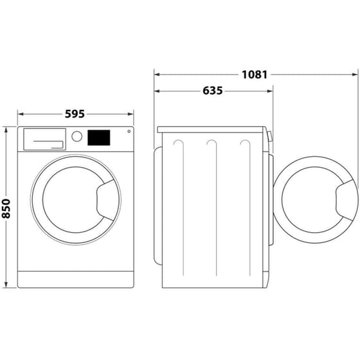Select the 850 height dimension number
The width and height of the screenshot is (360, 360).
click(6, 207)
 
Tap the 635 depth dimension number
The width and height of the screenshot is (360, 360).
click(212, 91)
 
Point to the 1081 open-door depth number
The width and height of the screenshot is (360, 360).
click(255, 74)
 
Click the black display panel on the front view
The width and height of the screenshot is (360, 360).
click(98, 137)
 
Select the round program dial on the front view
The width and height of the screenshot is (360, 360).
click(77, 136)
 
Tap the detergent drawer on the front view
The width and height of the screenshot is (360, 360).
click(44, 138)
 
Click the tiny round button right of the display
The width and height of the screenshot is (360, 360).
click(129, 132)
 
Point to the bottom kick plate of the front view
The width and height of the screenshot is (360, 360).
click(75, 279)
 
